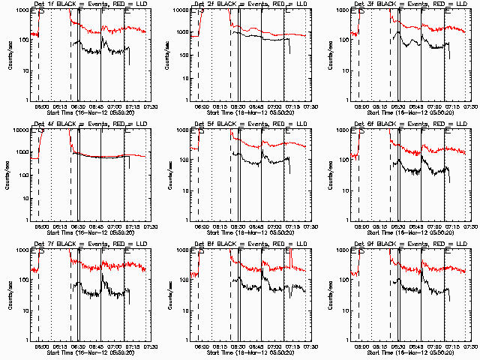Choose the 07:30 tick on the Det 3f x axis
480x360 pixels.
(x=470, y=106)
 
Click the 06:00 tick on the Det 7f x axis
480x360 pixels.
(x=42, y=346)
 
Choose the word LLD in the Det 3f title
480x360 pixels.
(x=455, y=4)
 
